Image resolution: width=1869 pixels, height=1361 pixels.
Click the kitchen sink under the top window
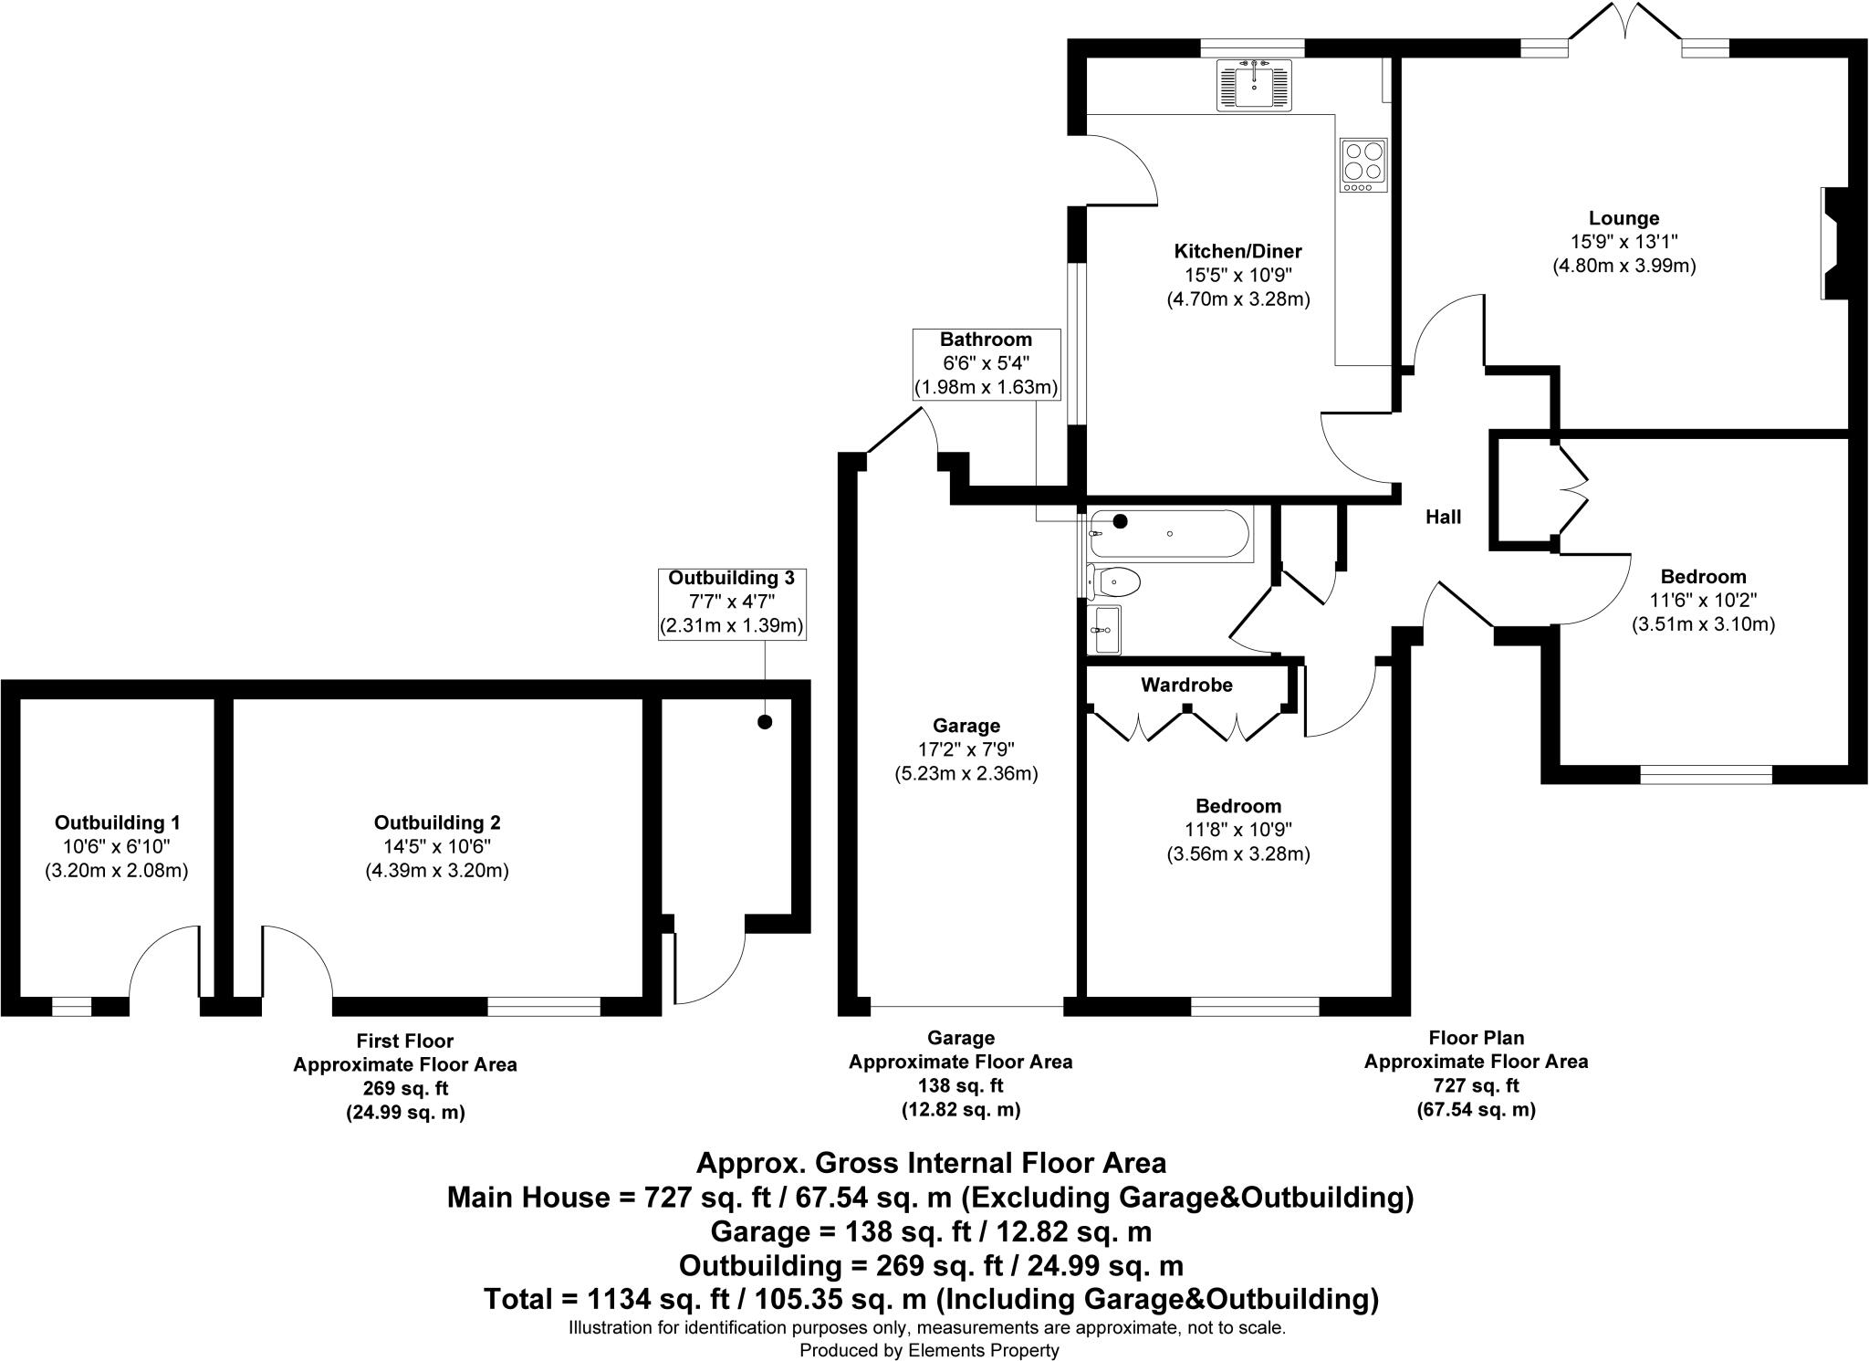1254,84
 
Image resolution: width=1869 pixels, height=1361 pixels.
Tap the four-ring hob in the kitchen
1363,165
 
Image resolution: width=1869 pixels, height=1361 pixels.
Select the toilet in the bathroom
1113,581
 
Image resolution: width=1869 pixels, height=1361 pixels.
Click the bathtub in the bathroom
1170,534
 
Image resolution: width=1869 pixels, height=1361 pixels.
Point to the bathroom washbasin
1103,629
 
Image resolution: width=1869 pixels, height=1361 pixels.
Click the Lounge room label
1624,218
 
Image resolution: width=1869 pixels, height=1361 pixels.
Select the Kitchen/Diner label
1237,251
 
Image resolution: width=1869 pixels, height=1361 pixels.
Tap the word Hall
1443,518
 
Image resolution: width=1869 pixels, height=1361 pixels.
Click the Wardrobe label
1186,685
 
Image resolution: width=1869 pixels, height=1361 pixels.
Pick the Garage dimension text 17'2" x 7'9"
966,749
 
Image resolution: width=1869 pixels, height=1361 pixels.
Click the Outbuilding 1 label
117,822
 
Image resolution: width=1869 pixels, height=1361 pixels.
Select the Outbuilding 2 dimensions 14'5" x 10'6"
437,846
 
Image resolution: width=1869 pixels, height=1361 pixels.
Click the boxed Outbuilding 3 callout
731,602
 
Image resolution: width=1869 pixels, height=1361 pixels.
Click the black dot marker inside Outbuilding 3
765,722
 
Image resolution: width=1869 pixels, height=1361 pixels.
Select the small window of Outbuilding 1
72,1006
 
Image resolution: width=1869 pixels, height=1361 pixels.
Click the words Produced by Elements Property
929,1350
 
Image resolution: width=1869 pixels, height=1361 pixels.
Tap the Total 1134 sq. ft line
931,1298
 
